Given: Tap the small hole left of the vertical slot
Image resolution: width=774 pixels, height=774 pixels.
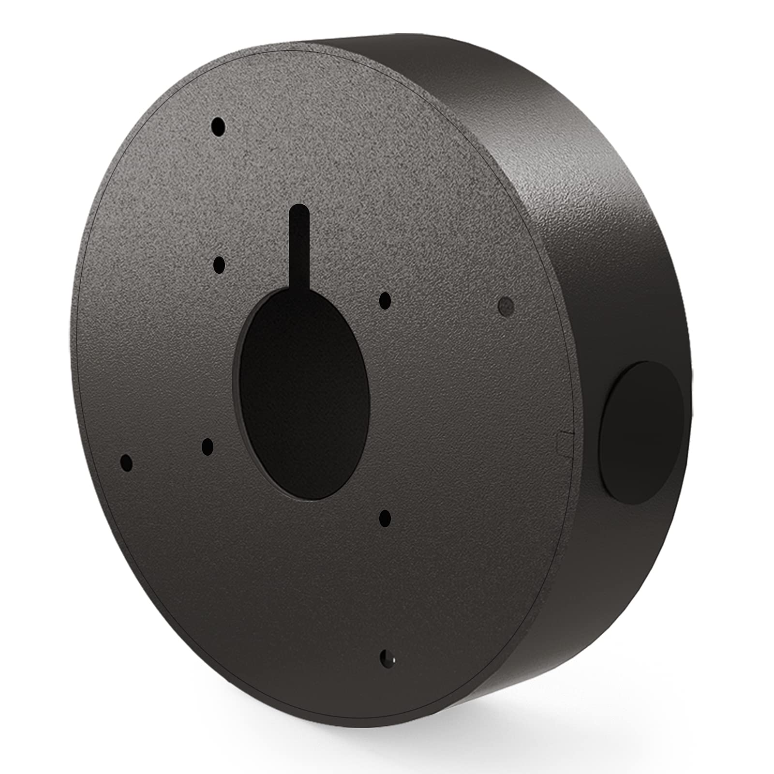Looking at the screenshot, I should (219, 265).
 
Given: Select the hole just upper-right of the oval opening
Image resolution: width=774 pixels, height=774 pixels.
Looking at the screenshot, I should (385, 300).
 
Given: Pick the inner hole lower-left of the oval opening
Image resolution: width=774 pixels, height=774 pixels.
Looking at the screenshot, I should (208, 447).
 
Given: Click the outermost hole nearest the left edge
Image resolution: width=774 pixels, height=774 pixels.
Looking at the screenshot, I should (126, 463).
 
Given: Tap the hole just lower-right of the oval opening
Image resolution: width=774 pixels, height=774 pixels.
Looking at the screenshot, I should (385, 518).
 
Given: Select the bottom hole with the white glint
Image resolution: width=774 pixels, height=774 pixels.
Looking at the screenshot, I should (387, 659).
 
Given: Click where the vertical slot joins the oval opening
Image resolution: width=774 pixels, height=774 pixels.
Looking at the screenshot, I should (300, 291).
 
